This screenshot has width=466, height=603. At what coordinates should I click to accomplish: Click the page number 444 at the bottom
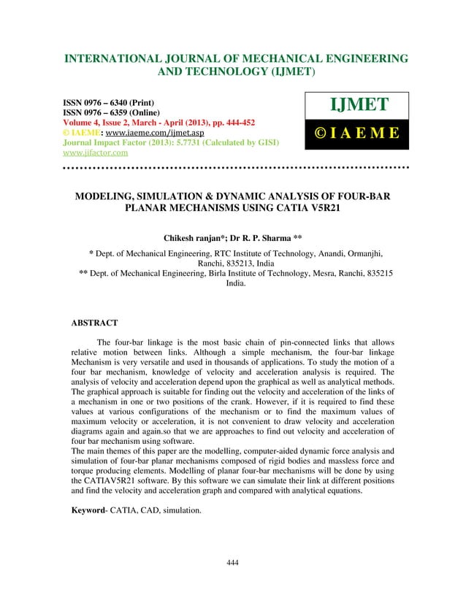click(x=233, y=562)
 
